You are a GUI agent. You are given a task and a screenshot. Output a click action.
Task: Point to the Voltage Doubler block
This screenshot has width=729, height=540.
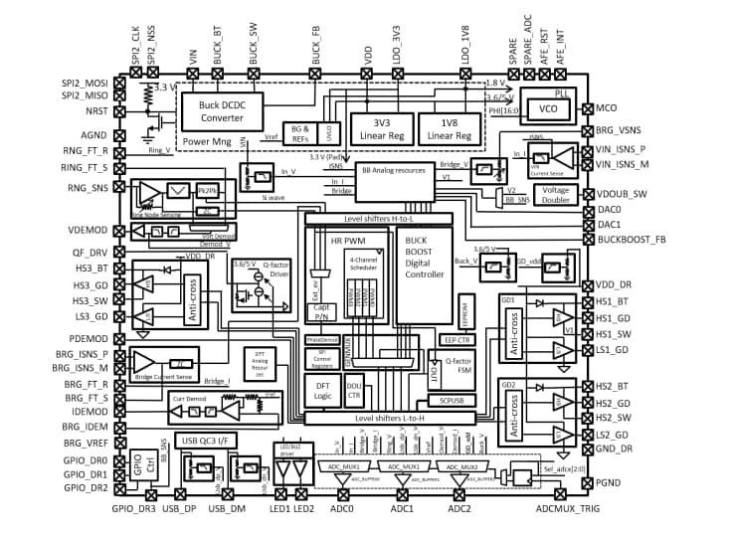557,195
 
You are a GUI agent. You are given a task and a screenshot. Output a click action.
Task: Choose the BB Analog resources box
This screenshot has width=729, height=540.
394,170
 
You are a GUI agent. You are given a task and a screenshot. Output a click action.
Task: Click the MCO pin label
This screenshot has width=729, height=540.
607,104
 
